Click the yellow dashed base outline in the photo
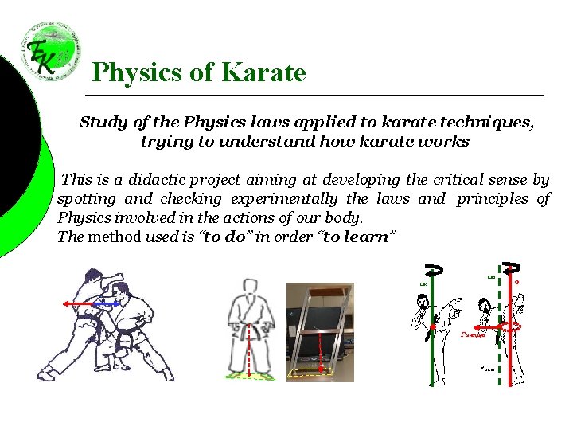[310, 372]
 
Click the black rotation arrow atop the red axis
[512, 268]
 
